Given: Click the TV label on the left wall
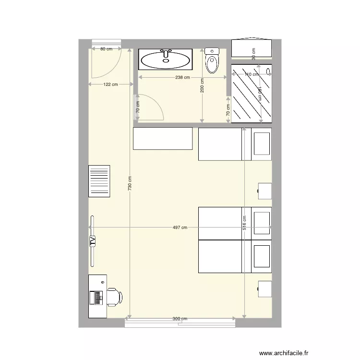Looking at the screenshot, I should pos(92,241).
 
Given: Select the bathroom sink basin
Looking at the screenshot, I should pos(166,60).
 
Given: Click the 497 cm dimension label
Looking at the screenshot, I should pos(180,228).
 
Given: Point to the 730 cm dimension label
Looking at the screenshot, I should pos(130,184).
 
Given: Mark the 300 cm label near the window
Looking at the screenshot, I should pos(180,319).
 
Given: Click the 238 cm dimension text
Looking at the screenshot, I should pos(182,77).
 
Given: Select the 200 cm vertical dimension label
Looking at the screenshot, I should pos(203,85).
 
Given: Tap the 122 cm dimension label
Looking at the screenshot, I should pos(111,84).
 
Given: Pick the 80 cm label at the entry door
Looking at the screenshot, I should pos(106,49).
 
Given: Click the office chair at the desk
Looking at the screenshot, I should pos(114,297).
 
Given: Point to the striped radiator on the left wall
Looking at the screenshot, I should pos(99,181).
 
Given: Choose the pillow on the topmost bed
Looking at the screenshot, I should pos(262,144).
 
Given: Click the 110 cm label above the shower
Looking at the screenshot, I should pos(252,74).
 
